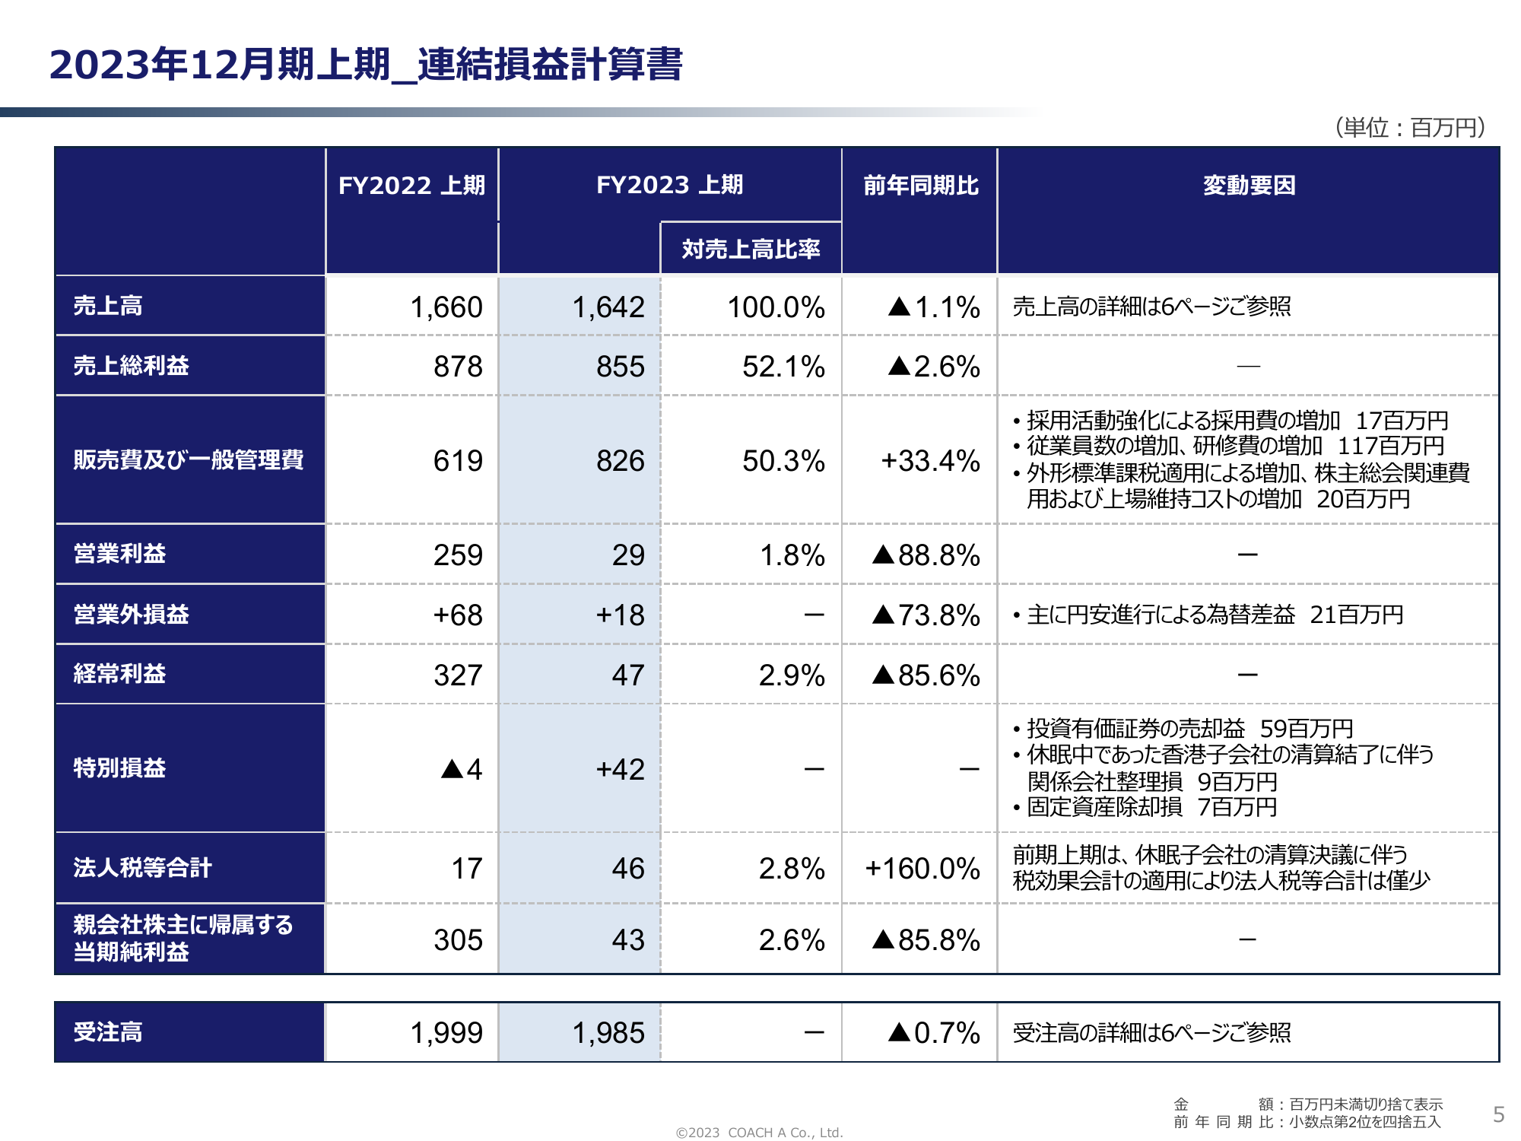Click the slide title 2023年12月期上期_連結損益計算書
click(x=366, y=64)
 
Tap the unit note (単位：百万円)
click(x=1410, y=127)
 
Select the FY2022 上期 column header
click(x=411, y=185)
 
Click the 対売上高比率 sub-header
click(x=751, y=249)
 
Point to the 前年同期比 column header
click(x=920, y=185)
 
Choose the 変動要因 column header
click(x=1249, y=185)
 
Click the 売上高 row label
click(x=108, y=306)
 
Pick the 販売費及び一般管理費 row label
click(x=189, y=459)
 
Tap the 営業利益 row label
click(x=119, y=554)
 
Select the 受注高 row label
click(x=108, y=1032)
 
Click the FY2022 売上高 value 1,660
click(x=446, y=307)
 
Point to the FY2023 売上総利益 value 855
click(x=620, y=367)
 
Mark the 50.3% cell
click(x=783, y=461)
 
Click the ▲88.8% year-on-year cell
click(x=926, y=555)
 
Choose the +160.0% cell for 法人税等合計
click(x=922, y=869)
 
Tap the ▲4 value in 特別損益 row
click(x=462, y=770)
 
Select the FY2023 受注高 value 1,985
click(x=608, y=1033)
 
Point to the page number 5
click(x=1498, y=1114)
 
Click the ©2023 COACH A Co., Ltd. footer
click(x=759, y=1133)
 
